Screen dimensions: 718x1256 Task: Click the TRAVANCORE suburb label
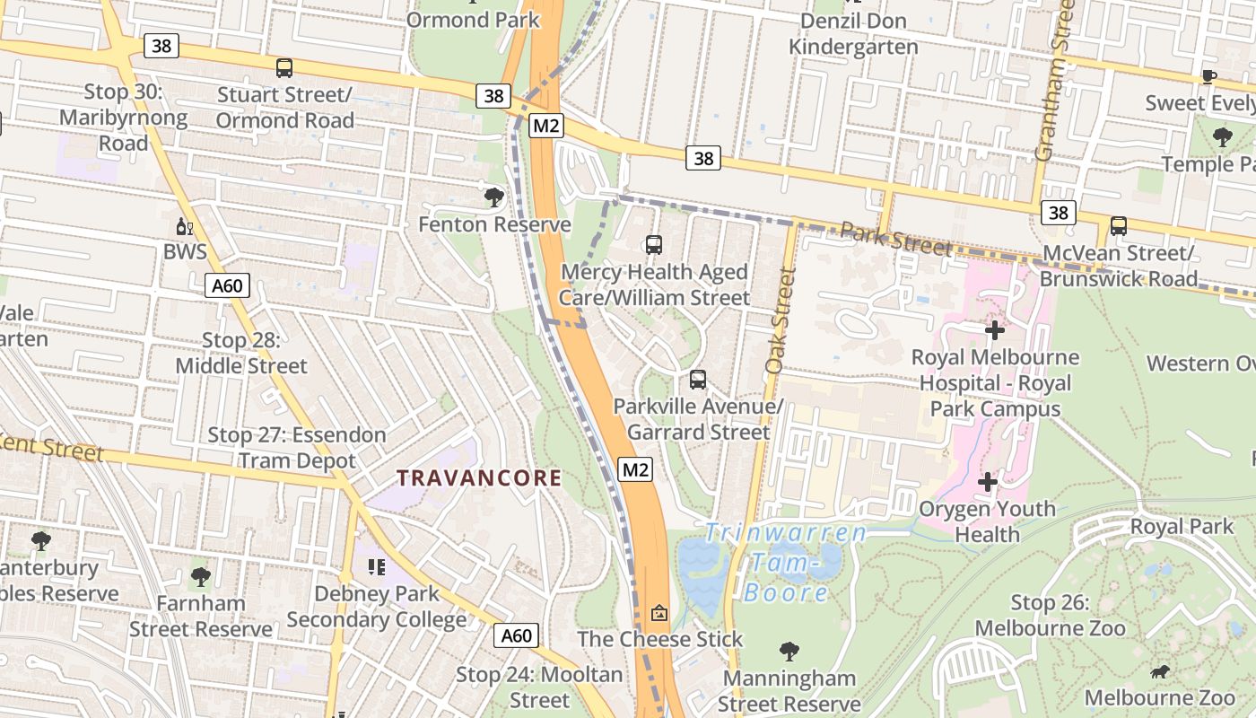tap(479, 478)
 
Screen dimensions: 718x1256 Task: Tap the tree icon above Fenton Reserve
tap(493, 197)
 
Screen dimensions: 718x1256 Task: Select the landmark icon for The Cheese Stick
tap(659, 613)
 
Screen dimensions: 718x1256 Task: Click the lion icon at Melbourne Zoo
tap(1159, 671)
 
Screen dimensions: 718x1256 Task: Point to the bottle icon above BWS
tap(184, 226)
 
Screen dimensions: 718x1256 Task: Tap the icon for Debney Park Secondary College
tap(376, 567)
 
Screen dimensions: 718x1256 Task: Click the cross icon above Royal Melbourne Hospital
tap(994, 330)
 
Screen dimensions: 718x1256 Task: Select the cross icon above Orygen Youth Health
tap(987, 482)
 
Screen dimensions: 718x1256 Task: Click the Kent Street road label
tap(52, 446)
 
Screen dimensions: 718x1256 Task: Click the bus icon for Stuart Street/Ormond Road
tap(284, 67)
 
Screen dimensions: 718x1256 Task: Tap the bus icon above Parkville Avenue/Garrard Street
tap(698, 380)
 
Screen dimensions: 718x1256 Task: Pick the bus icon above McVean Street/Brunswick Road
tap(1118, 226)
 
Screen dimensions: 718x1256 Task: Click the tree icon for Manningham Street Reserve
tap(789, 651)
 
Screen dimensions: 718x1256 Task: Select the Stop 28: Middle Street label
tap(240, 354)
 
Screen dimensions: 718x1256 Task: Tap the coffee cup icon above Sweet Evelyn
tap(1208, 76)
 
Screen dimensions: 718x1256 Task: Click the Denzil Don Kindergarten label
tap(853, 33)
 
